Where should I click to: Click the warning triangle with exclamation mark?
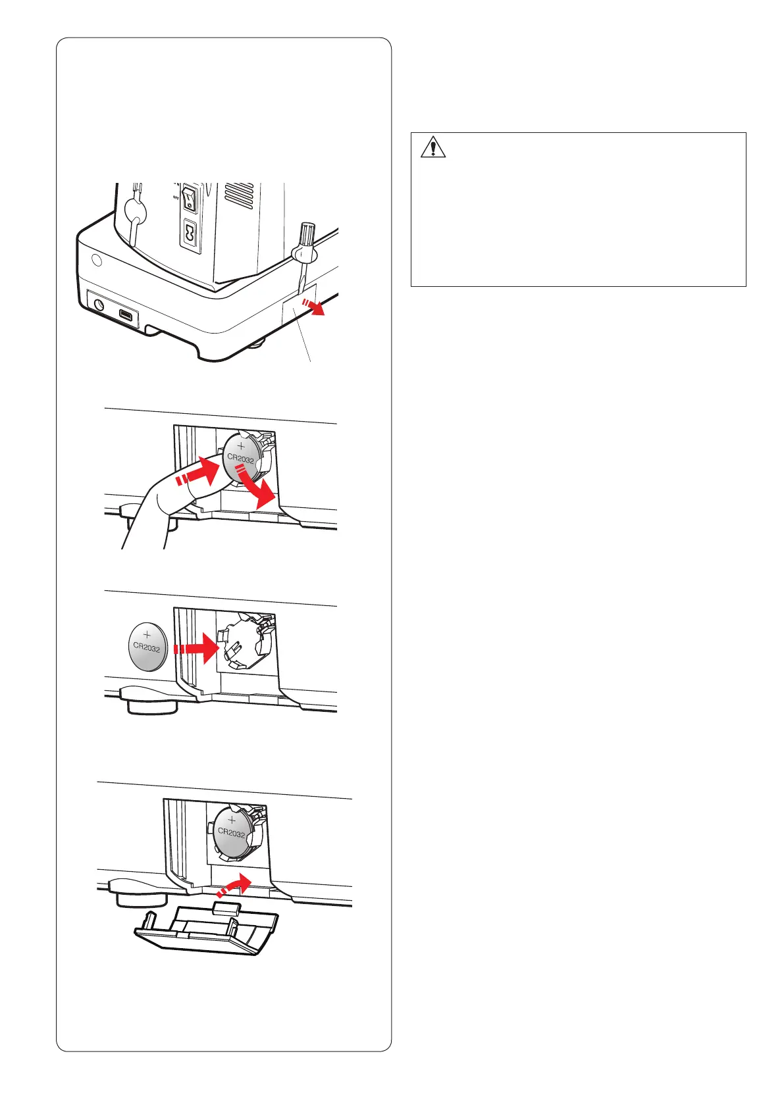coord(432,147)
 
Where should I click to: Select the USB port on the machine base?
coord(126,315)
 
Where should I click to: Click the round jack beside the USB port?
coord(99,305)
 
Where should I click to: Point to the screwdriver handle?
coord(307,236)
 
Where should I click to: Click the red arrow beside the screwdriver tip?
coord(314,307)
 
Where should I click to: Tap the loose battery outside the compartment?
coord(148,647)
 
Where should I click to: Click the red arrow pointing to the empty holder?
coord(196,648)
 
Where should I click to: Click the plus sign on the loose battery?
coord(147,635)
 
